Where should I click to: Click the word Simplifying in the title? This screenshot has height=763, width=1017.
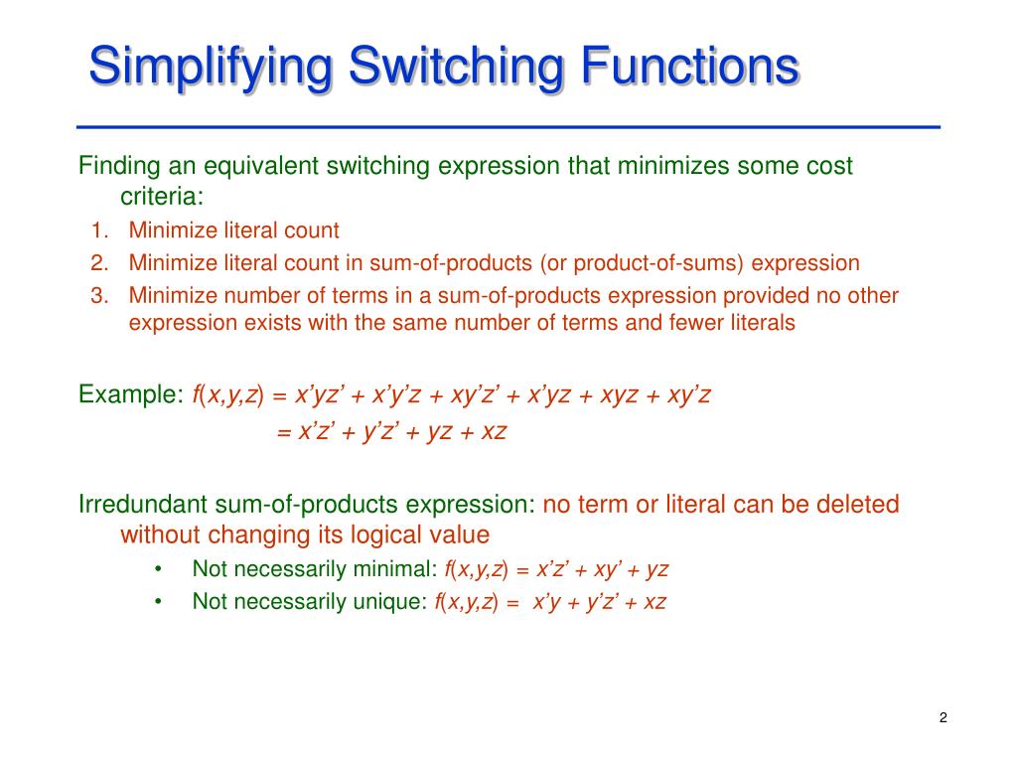pos(210,68)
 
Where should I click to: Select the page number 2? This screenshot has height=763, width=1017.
pos(943,718)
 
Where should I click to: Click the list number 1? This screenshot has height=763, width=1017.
pos(98,230)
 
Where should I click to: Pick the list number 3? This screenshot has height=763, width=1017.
pos(98,295)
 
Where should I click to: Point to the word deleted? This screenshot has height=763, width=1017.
pos(857,505)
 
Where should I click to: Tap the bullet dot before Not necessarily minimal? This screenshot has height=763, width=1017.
pos(159,569)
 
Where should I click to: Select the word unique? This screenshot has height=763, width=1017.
pos(390,601)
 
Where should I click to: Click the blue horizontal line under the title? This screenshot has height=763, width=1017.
pos(508,128)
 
